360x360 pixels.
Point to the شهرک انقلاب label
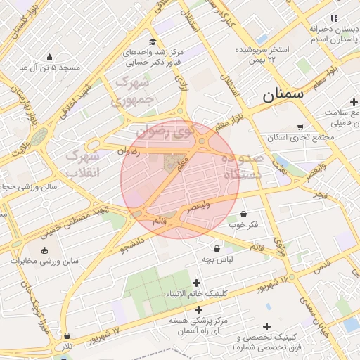pos(82,163)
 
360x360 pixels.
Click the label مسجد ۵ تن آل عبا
pos(50,68)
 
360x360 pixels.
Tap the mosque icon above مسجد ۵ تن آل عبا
pos(49,57)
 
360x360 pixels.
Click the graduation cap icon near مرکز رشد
pos(153,42)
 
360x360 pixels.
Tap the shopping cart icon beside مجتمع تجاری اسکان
pos(300,127)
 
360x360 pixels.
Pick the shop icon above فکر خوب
pos(243,214)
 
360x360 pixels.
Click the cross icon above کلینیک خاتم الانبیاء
pos(196,283)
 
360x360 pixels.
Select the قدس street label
pos(321,267)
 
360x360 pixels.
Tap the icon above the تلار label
pos(67,336)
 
